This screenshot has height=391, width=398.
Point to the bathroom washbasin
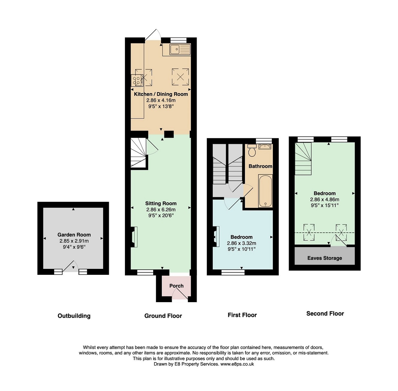click(265, 147)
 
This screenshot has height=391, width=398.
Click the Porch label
click(176, 286)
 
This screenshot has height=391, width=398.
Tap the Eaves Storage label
click(324, 258)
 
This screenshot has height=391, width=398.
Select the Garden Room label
click(74, 234)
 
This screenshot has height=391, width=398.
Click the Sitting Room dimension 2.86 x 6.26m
click(161, 210)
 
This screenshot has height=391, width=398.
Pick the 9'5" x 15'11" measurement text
click(324, 205)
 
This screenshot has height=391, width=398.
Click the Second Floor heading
click(325, 314)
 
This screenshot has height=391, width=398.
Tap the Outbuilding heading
click(74, 316)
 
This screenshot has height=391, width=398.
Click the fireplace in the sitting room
click(134, 237)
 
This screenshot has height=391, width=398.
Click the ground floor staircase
click(139, 153)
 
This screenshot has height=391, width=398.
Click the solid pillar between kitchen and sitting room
click(169, 134)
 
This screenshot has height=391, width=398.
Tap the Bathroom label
click(260, 166)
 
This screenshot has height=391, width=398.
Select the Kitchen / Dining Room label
click(161, 94)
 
